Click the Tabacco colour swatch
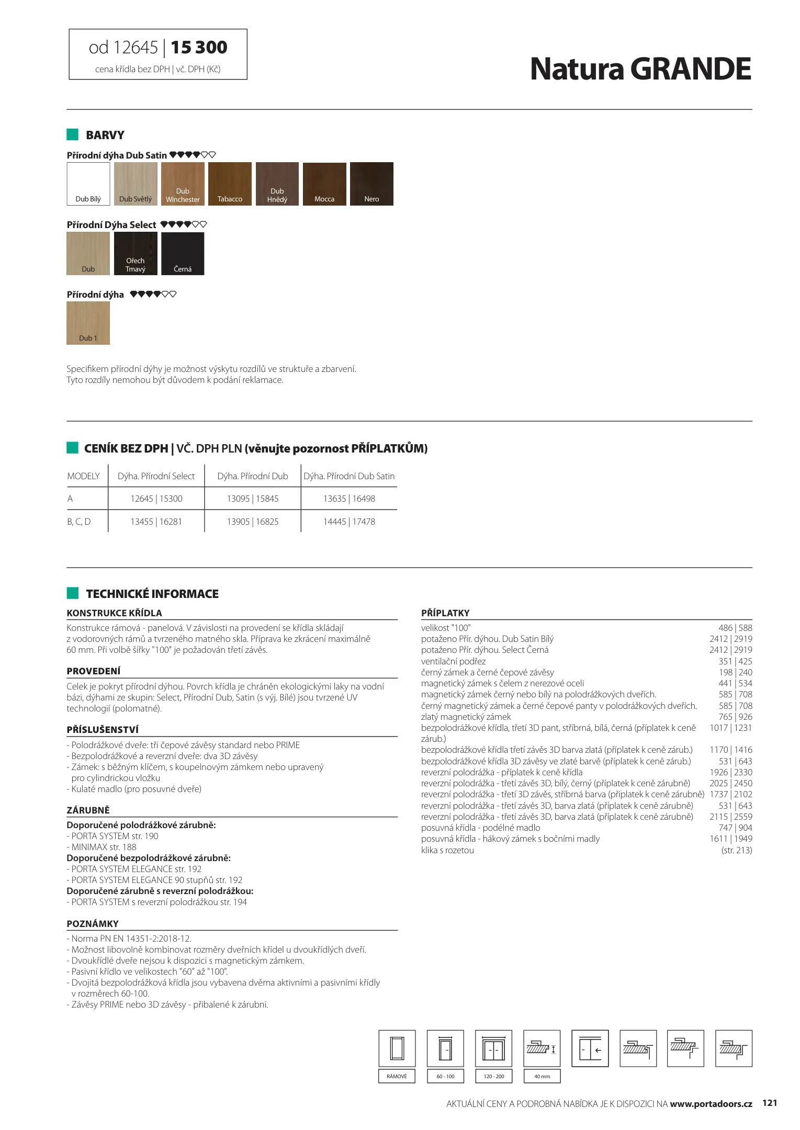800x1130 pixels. (x=230, y=184)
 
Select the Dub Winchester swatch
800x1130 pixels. (x=183, y=184)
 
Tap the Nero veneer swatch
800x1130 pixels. (x=371, y=184)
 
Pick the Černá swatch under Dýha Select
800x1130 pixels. (x=183, y=254)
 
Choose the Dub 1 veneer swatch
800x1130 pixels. (x=88, y=323)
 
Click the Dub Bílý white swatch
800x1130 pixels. (x=88, y=184)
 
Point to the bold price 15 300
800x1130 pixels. (x=199, y=48)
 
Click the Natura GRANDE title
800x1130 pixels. (x=640, y=69)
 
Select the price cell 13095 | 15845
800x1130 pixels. (x=253, y=499)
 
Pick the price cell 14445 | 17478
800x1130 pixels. (x=349, y=522)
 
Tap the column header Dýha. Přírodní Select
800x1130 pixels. (x=156, y=477)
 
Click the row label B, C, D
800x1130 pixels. (x=79, y=522)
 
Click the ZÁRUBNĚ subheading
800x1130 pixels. (x=88, y=810)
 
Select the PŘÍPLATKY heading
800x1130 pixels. (x=445, y=613)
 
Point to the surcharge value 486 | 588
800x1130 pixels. (x=735, y=628)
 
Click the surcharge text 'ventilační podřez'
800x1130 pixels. (x=453, y=661)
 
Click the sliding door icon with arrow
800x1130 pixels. (x=590, y=1048)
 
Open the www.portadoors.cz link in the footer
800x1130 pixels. (x=711, y=1104)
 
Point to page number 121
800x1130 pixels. (x=770, y=1103)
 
